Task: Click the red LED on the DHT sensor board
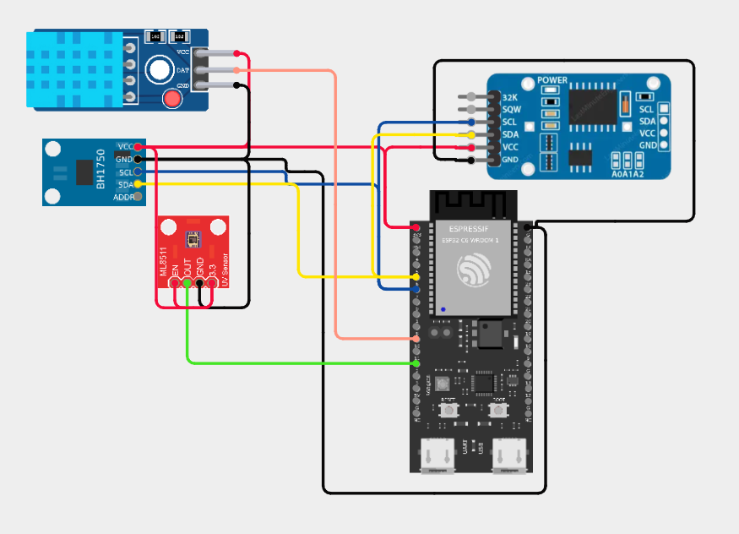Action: pyautogui.click(x=172, y=100)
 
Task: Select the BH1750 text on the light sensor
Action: pyautogui.click(x=101, y=172)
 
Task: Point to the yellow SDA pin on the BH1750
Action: pyautogui.click(x=138, y=184)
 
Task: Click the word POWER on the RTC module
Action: pyautogui.click(x=552, y=81)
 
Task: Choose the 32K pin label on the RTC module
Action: pyautogui.click(x=509, y=98)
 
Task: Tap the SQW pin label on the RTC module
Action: pyautogui.click(x=510, y=110)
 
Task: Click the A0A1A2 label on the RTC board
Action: pyautogui.click(x=627, y=174)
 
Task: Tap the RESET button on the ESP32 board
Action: pyautogui.click(x=449, y=411)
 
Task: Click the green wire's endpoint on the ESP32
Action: pyautogui.click(x=417, y=362)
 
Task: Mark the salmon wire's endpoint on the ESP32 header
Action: pyautogui.click(x=417, y=338)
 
